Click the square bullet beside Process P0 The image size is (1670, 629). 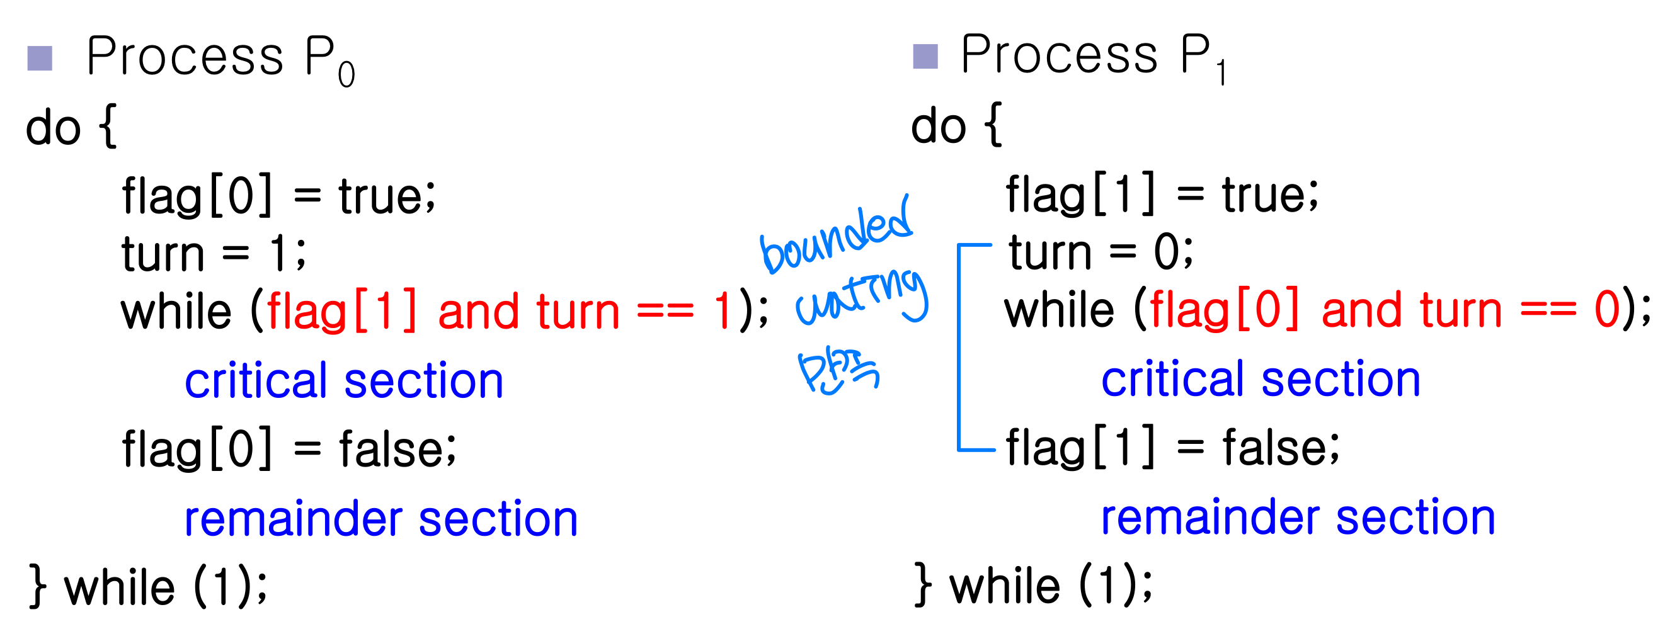[40, 59]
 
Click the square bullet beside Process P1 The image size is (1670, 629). [925, 57]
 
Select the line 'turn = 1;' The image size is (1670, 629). [214, 253]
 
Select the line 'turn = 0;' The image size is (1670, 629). [1100, 252]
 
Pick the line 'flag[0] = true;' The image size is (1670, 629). [279, 196]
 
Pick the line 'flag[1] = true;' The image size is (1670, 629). [1162, 194]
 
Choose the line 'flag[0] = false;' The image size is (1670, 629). [289, 448]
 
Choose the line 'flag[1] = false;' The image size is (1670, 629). [1172, 447]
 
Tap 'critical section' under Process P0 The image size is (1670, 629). [343, 381]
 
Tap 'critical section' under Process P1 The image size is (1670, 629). [1261, 380]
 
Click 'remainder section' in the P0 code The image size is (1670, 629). [380, 519]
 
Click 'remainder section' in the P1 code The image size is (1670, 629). [1298, 518]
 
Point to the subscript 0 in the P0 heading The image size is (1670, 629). [346, 75]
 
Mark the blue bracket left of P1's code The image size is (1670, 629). [959, 346]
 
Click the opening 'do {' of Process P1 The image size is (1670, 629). [956, 125]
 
